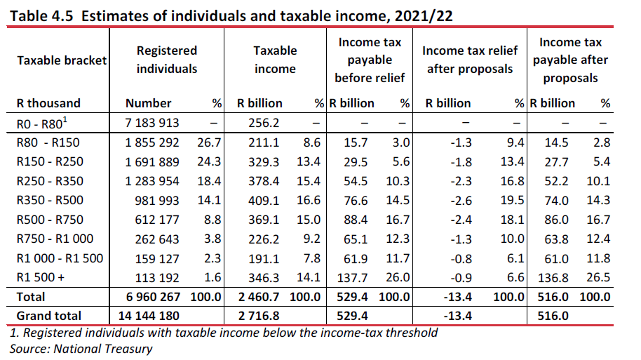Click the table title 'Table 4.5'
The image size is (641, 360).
click(x=43, y=14)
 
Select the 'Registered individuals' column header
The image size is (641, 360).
click(x=166, y=60)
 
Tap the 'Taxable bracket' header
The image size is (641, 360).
click(x=61, y=60)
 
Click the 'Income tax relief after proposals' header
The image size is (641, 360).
click(x=470, y=60)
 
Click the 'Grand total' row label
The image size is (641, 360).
click(x=48, y=316)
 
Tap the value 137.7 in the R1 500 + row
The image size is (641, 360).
click(x=358, y=277)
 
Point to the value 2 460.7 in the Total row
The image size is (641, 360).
click(x=259, y=297)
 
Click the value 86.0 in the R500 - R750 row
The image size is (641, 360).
click(x=558, y=219)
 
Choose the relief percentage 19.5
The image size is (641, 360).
click(x=515, y=199)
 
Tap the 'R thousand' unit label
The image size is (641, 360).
click(x=48, y=103)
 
